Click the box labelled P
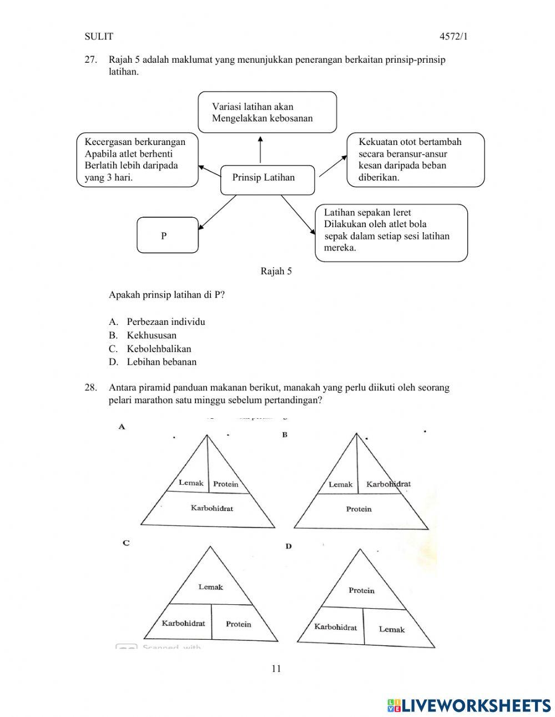[x=167, y=235]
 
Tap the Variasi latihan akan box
[x=267, y=112]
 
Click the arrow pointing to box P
[x=218, y=212]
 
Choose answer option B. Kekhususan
[x=151, y=335]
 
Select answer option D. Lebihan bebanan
[x=161, y=362]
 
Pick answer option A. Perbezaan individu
[x=165, y=322]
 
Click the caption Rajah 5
[x=276, y=271]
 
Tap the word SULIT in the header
[x=99, y=37]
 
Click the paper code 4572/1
[x=453, y=37]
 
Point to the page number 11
[x=276, y=668]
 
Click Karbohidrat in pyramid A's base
[x=211, y=508]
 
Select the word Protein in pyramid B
[x=359, y=509]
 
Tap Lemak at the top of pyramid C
[x=210, y=586]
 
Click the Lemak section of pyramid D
[x=391, y=629]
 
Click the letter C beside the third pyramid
[x=126, y=543]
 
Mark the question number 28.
[x=91, y=388]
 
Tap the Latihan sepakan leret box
[x=391, y=233]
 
